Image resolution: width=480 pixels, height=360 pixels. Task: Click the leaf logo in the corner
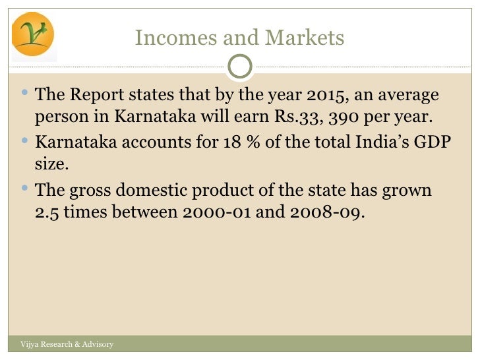click(x=33, y=34)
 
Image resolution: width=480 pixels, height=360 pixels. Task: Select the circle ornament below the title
click(x=240, y=65)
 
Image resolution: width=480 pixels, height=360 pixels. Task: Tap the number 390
click(x=340, y=118)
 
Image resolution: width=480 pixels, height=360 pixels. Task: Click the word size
click(x=51, y=164)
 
